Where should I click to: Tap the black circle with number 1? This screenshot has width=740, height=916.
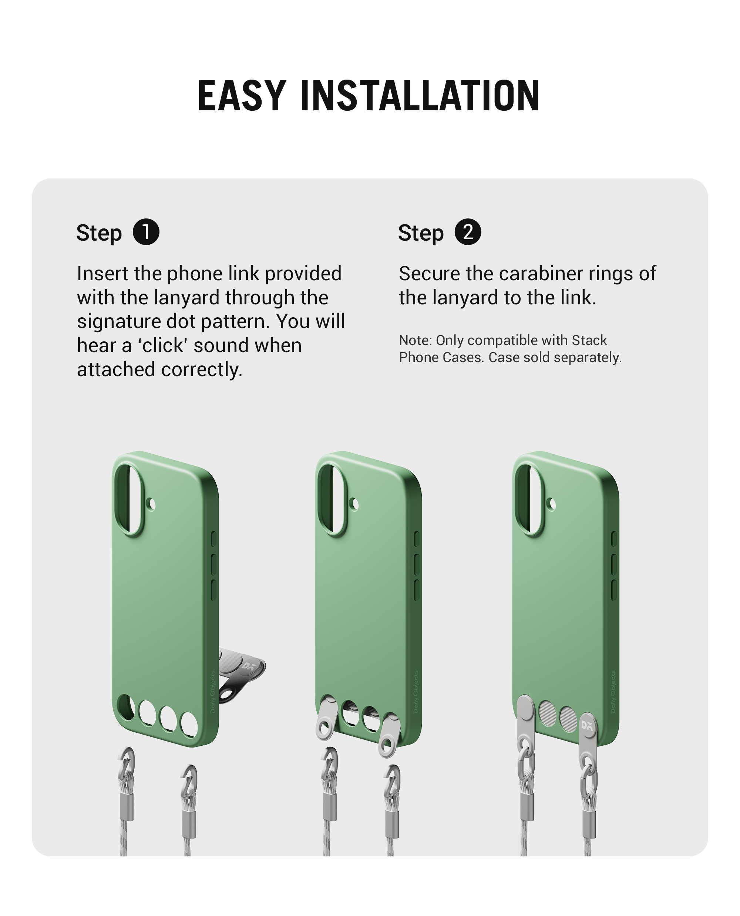(146, 232)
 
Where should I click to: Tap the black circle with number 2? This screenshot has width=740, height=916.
(468, 232)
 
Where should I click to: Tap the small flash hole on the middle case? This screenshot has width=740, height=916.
(355, 505)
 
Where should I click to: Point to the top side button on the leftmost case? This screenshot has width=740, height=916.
(213, 539)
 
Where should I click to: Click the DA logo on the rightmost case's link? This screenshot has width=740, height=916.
(587, 725)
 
